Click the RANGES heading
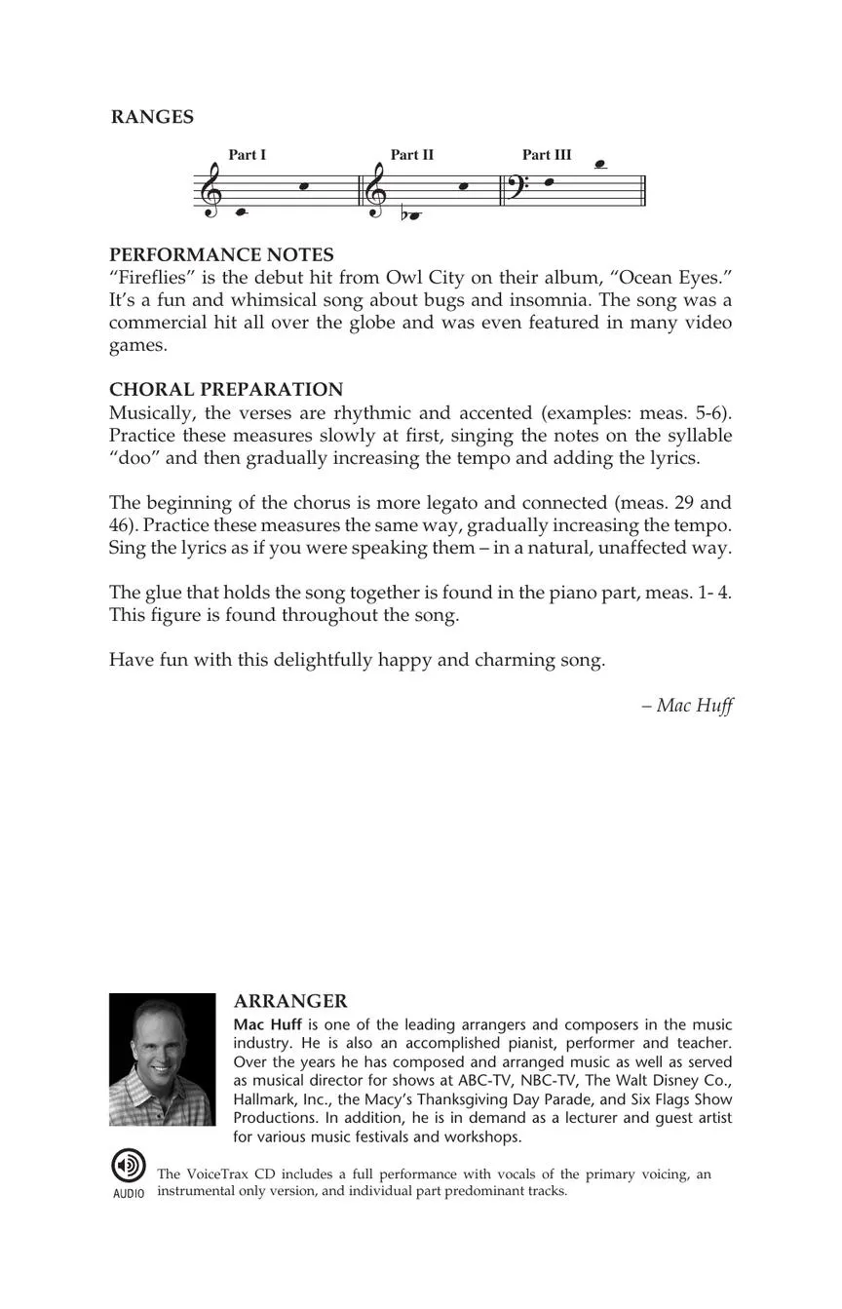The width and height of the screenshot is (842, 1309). point(152,117)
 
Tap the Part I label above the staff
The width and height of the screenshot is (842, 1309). point(248,155)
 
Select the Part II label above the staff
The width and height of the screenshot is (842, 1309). point(412,155)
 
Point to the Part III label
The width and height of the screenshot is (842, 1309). point(547,155)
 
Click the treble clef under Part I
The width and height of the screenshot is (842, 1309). point(210,190)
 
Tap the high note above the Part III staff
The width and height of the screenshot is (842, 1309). point(600,164)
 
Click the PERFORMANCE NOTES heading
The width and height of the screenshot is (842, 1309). point(221,254)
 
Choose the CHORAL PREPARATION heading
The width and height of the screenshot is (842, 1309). point(226,389)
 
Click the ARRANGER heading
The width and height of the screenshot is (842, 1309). point(290,1001)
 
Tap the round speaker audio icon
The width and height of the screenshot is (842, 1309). point(128,1166)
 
